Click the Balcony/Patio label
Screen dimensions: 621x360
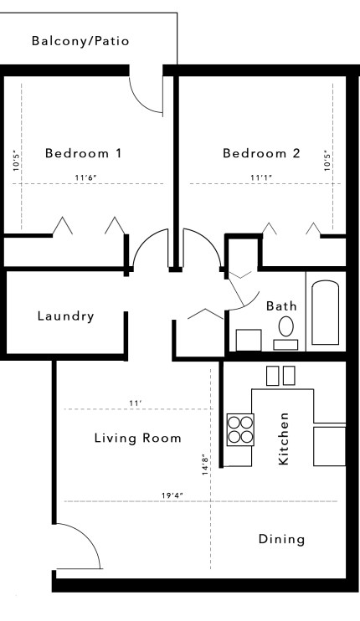coord(80,40)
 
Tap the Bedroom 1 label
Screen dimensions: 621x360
coord(84,153)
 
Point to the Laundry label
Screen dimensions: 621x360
coord(65,316)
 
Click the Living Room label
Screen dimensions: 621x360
coord(137,438)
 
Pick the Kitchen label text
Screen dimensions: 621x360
coord(284,439)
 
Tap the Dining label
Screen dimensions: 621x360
coord(281,539)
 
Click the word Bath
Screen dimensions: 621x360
coord(281,306)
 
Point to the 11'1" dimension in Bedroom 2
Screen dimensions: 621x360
coord(261,177)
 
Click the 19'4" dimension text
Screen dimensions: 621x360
coord(172,495)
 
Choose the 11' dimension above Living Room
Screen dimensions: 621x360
coord(134,403)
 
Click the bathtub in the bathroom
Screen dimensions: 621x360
coord(324,314)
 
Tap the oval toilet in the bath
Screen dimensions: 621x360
coord(286,326)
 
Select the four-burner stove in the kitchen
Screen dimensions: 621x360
coord(240,429)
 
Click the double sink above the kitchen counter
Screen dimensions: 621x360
coord(280,376)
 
